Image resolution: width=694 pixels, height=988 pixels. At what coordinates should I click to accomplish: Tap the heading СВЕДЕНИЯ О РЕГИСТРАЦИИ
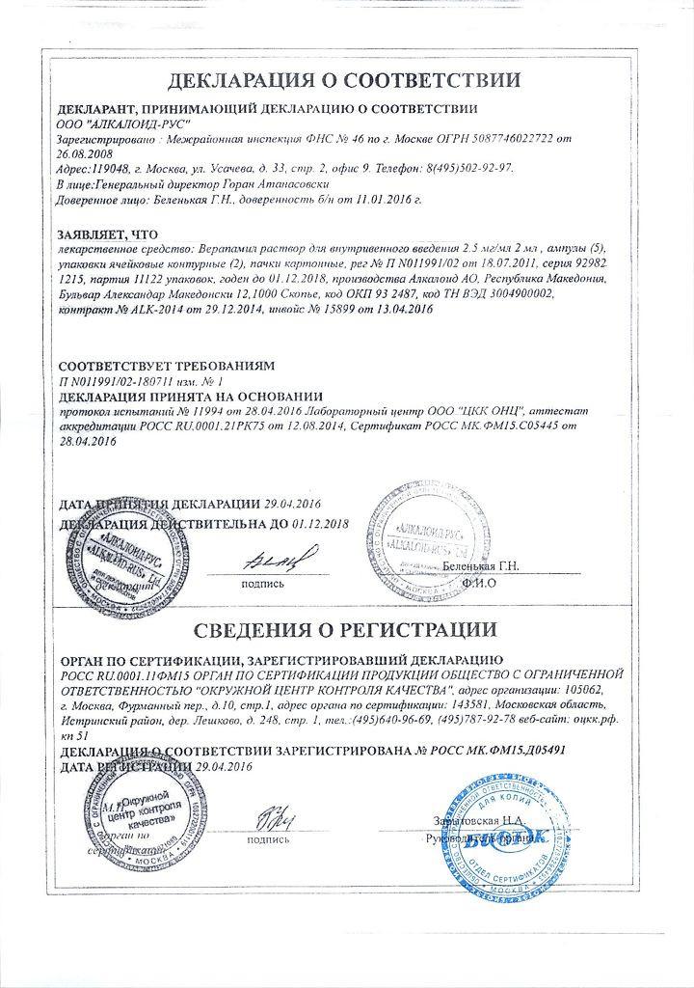[346, 604]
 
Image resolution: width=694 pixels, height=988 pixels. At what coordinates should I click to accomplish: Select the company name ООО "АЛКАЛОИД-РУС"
[124, 124]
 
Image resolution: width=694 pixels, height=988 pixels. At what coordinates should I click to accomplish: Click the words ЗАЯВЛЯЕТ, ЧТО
[107, 234]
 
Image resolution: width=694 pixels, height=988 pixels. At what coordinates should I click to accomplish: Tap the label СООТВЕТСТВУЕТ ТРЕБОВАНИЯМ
[167, 367]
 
